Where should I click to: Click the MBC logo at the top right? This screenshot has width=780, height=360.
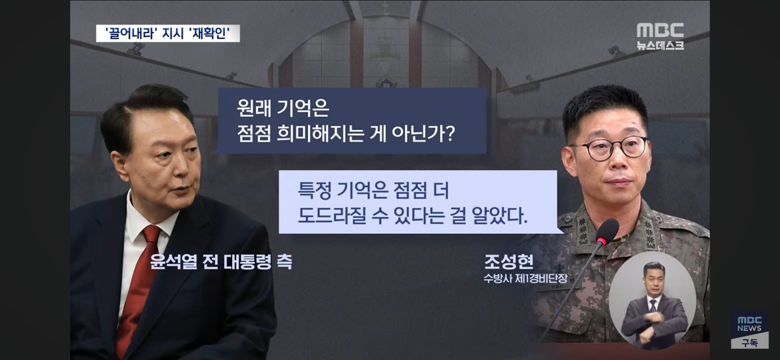660,31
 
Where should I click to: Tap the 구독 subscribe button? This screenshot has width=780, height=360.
749,342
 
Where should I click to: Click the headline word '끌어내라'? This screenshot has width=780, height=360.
130,34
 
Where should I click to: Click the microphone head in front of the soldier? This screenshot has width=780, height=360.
607,231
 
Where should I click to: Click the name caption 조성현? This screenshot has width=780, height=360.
509,261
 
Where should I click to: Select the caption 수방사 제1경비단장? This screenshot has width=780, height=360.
525,279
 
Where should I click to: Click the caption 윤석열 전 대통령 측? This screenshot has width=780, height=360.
221,261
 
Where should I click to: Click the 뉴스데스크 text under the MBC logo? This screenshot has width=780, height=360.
660,45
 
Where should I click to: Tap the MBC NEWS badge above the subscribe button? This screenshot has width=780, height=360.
749,324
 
